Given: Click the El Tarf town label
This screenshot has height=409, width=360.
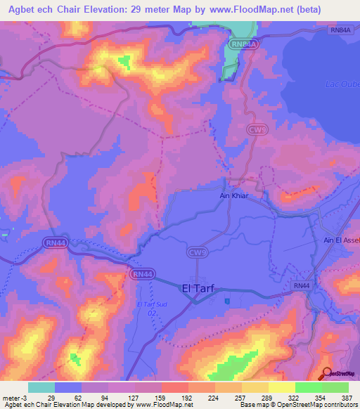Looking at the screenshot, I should [x=198, y=287].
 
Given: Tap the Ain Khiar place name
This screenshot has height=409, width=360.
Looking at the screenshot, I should [x=231, y=197].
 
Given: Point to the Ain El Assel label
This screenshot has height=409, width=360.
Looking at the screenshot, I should [x=342, y=240].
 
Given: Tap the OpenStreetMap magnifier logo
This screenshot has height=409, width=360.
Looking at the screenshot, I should [x=326, y=373].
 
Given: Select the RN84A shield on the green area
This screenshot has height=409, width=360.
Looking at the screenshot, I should [x=240, y=44].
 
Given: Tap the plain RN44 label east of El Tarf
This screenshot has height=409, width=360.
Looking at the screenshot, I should [x=302, y=285].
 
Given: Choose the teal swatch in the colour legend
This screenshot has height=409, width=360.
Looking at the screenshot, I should [x=41, y=387].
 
